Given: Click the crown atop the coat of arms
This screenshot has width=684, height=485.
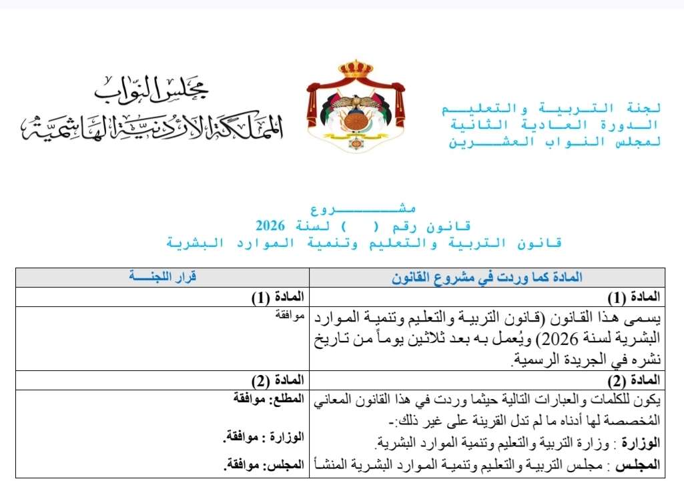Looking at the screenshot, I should pos(355,69).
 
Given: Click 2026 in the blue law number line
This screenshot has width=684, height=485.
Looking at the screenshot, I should pos(270,225).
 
